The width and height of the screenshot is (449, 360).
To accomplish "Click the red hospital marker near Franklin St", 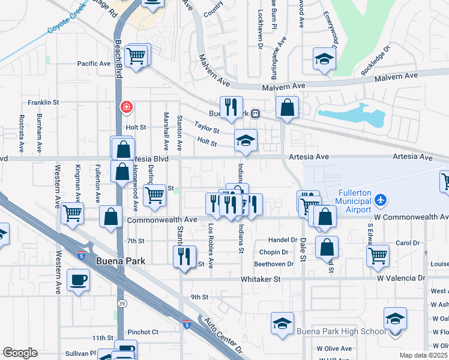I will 127,107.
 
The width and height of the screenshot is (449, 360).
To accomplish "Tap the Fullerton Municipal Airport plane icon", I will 379,199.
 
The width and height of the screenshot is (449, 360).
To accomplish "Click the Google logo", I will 20,353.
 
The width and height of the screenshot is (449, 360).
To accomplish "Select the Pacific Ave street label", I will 94,64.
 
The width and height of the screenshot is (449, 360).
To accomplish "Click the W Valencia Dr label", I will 401,278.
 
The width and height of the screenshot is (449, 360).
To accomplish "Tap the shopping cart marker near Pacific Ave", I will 137,56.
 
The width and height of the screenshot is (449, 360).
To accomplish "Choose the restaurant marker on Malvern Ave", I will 231,107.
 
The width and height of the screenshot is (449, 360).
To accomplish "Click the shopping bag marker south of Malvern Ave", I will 288,108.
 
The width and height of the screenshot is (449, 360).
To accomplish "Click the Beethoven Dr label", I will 274,263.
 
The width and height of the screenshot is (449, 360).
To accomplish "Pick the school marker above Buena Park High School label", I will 282,323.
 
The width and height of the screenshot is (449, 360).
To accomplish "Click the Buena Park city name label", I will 120,262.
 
